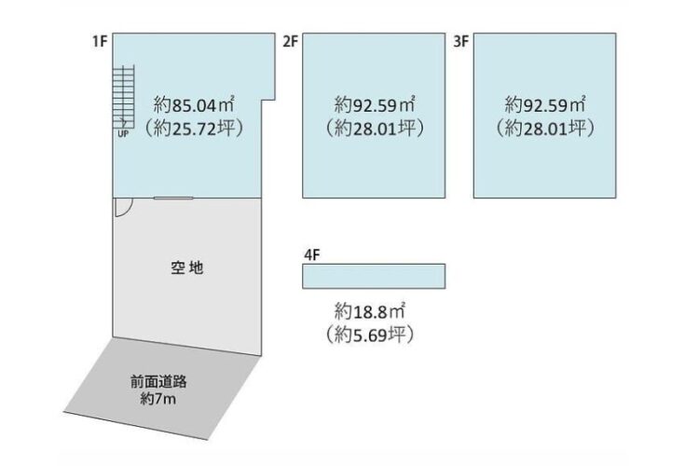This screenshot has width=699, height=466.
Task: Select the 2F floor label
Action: (x=290, y=42)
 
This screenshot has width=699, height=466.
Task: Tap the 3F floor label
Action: (x=460, y=42)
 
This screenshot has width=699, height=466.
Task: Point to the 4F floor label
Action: (x=312, y=254)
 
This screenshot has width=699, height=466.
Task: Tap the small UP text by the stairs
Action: (x=122, y=133)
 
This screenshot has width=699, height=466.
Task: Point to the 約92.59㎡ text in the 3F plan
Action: (x=545, y=104)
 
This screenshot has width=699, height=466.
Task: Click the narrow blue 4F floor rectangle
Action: (x=374, y=277)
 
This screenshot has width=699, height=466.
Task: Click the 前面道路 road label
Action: (x=166, y=381)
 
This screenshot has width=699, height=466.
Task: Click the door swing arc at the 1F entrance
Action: (x=122, y=207)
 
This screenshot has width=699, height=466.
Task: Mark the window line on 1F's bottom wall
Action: (x=173, y=198)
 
